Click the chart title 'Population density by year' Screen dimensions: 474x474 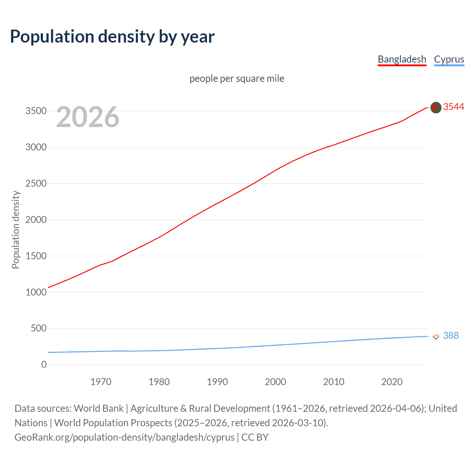pos(112,37)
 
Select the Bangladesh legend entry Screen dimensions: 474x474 pos(402,59)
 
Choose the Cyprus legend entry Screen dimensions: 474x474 pos(449,59)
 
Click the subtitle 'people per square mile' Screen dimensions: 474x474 pos(237,79)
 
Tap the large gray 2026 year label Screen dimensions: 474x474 pos(88,117)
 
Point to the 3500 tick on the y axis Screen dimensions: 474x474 pos(36,111)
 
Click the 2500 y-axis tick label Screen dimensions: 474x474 pos(36,184)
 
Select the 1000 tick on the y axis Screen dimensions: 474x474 pos(36,292)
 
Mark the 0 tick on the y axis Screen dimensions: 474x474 pos(44,365)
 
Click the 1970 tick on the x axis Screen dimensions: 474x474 pos(101,382)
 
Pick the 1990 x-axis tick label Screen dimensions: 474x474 pos(217,382)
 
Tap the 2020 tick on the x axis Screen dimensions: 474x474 pos(392,382)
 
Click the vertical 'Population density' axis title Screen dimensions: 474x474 pos(16,230)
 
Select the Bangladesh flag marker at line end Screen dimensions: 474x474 pos(436,107)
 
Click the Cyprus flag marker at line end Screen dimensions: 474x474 pos(436,336)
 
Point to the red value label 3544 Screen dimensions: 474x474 pos(453,107)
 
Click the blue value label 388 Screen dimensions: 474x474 pos(451,336)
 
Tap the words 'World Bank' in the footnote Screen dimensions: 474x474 pos(99,408)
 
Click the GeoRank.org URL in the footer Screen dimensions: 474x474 pos(124,437)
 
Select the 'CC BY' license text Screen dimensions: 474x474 pos(255,437)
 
